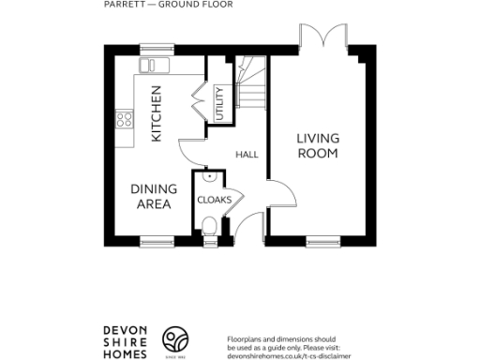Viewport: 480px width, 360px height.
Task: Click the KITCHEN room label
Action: click(x=157, y=113)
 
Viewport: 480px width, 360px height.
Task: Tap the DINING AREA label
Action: click(x=150, y=196)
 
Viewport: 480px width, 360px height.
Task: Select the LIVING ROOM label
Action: click(x=318, y=146)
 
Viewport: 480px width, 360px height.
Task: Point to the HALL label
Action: click(x=247, y=154)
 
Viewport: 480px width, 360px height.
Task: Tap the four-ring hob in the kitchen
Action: click(x=124, y=119)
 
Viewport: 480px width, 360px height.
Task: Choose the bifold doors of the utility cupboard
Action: click(x=199, y=100)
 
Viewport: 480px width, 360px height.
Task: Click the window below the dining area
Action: click(x=156, y=241)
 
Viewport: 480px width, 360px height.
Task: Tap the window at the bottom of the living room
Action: click(x=322, y=241)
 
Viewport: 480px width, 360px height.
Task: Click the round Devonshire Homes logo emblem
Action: click(x=176, y=339)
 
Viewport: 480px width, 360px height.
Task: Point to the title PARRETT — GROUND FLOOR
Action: click(x=168, y=5)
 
